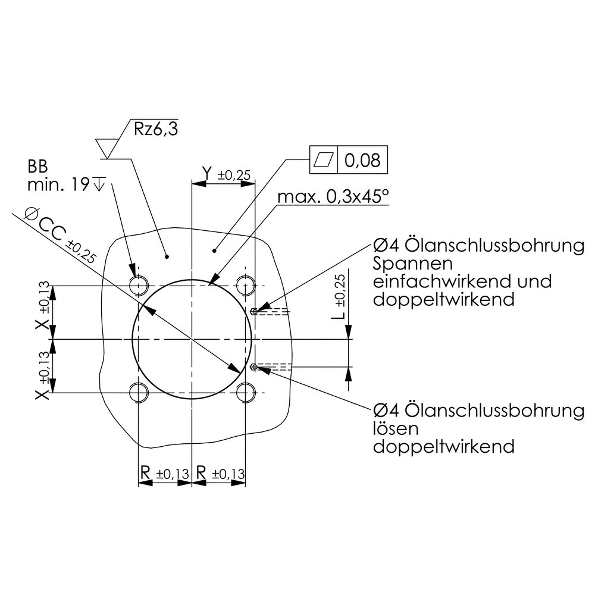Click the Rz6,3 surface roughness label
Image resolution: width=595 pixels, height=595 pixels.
155,129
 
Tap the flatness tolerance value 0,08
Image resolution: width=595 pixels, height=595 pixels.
362,160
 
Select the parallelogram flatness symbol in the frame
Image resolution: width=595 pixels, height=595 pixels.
324,159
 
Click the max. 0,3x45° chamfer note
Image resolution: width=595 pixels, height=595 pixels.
333,196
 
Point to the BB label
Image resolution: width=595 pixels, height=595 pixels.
37,167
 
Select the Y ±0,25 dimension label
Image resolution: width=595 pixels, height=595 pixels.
227,174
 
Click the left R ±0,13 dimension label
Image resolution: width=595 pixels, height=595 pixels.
164,473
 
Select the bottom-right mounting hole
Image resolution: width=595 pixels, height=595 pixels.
246,392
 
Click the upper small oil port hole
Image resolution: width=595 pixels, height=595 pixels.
255,312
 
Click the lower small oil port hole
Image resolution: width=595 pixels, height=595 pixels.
255,367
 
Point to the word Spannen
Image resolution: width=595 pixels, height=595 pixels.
412,264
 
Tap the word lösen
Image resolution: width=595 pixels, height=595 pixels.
396,428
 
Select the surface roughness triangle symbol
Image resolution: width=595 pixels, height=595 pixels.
107,148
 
